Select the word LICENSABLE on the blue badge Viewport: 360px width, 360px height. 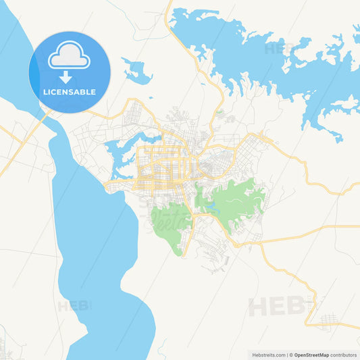click(70, 91)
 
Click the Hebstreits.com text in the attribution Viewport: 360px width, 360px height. click(267, 354)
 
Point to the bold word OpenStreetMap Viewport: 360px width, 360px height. click(311, 354)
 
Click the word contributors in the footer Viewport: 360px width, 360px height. click(343, 354)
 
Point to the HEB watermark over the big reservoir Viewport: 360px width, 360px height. click(277, 49)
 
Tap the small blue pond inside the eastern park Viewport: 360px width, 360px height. click(213, 206)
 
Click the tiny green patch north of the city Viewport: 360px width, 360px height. click(220, 112)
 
